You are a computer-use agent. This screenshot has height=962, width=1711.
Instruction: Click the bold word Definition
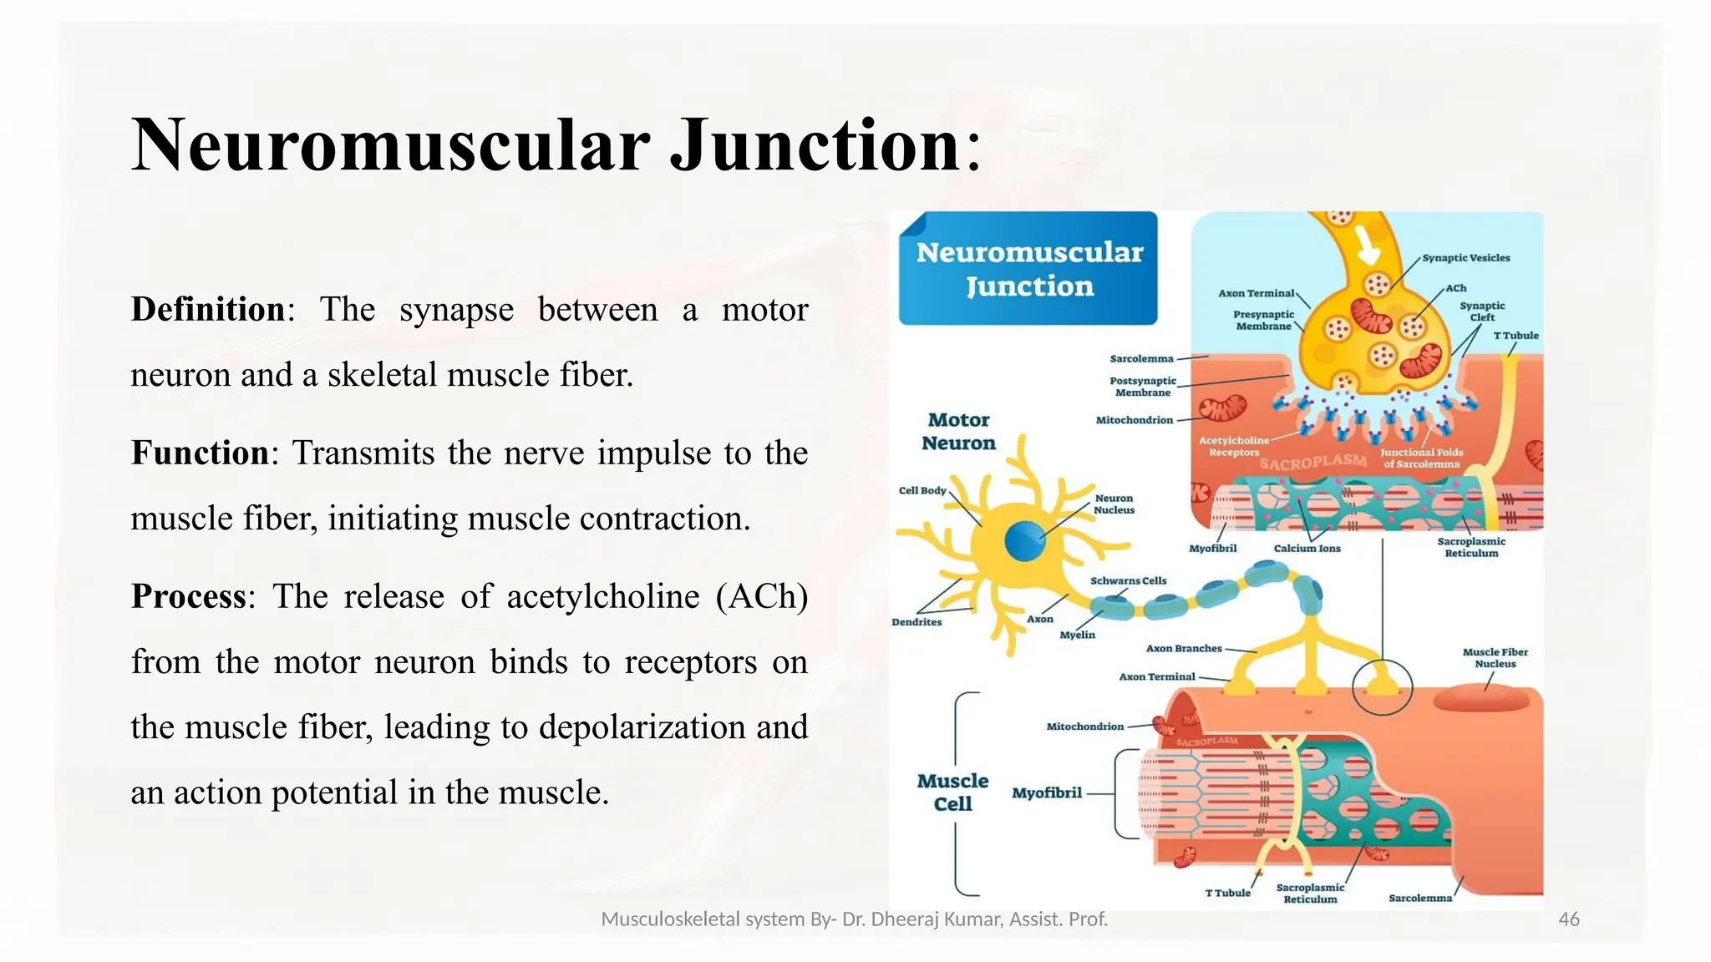coord(208,310)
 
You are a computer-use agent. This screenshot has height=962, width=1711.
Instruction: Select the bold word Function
coord(200,453)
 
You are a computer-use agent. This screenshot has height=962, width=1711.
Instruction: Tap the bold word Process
coord(189,597)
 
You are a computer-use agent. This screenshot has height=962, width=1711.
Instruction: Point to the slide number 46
coord(1569,919)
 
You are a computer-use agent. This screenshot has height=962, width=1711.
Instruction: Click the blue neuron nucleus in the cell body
coord(1024,542)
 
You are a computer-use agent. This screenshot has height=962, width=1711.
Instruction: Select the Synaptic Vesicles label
coord(1465,258)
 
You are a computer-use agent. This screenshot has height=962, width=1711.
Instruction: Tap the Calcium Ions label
coord(1307,549)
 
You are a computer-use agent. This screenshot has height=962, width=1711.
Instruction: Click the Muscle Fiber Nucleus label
coord(1495,658)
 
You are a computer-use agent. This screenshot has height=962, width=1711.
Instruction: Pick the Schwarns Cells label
coord(1128,580)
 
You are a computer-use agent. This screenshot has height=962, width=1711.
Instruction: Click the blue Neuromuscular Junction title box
coord(1028,269)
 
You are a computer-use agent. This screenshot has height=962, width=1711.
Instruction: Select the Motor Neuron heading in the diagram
coord(958,432)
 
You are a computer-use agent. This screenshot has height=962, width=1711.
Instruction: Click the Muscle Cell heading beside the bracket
coord(952,792)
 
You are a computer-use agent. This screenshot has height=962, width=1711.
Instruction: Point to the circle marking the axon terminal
coord(1382,686)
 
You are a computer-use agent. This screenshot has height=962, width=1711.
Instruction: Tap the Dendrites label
coord(916,622)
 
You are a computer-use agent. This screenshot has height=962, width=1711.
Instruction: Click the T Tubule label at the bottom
coord(1227,893)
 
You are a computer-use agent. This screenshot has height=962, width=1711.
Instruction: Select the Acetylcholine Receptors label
coord(1233,446)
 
